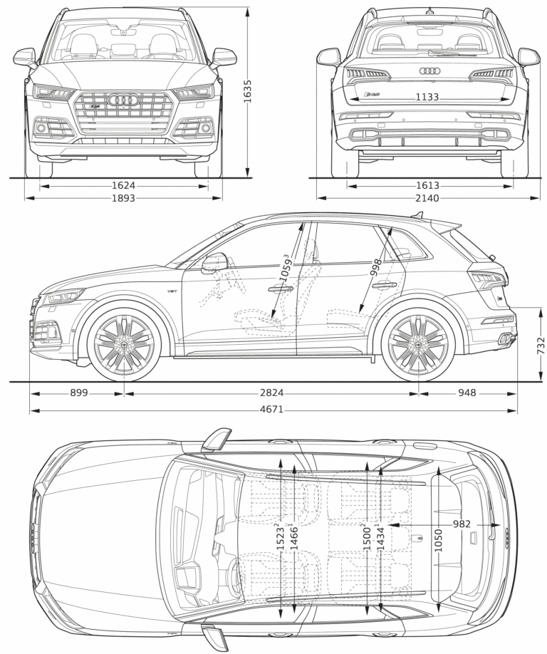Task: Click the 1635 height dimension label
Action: pyautogui.click(x=248, y=91)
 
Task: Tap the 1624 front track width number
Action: pyautogui.click(x=123, y=186)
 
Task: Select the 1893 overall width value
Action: pyautogui.click(x=123, y=198)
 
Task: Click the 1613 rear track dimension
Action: pyautogui.click(x=428, y=186)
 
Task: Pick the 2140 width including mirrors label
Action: pyautogui.click(x=428, y=198)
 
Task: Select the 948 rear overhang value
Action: pyautogui.click(x=467, y=393)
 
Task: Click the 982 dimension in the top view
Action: pyautogui.click(x=462, y=524)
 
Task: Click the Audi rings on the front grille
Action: pyautogui.click(x=123, y=100)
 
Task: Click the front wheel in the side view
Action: pyautogui.click(x=124, y=344)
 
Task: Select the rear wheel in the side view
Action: pyautogui.click(x=418, y=344)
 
